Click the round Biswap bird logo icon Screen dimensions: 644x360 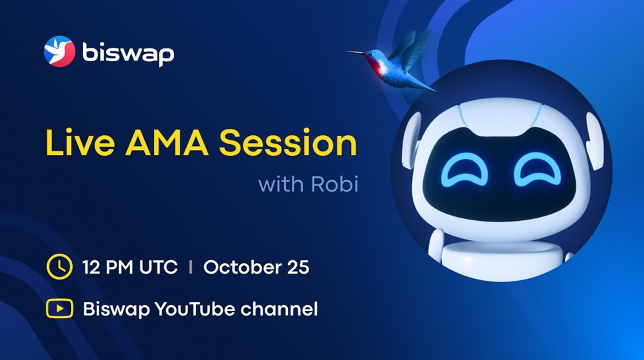pyautogui.click(x=59, y=52)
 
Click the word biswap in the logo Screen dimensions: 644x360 pyautogui.click(x=128, y=53)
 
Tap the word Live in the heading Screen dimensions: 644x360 pyautogui.click(x=80, y=143)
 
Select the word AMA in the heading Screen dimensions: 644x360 pyautogui.click(x=167, y=143)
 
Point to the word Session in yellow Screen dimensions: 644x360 pyautogui.click(x=288, y=143)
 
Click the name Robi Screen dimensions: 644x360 pyautogui.click(x=335, y=184)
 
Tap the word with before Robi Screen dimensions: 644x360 pyautogui.click(x=281, y=184)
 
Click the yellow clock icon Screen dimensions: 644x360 pyautogui.click(x=59, y=267)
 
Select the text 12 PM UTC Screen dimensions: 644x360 pyautogui.click(x=130, y=267)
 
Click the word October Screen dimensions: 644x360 pyautogui.click(x=242, y=267)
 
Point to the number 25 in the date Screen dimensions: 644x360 pyautogui.click(x=298, y=267)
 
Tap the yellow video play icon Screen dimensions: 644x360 pyautogui.click(x=59, y=308)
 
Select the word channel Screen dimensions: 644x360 pyautogui.click(x=279, y=308)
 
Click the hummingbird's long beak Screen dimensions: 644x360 pyautogui.click(x=355, y=52)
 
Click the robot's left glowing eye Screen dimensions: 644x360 pyautogui.click(x=464, y=169)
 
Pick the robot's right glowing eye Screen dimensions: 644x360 pyautogui.click(x=537, y=169)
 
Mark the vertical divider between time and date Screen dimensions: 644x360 pyautogui.click(x=191, y=267)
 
